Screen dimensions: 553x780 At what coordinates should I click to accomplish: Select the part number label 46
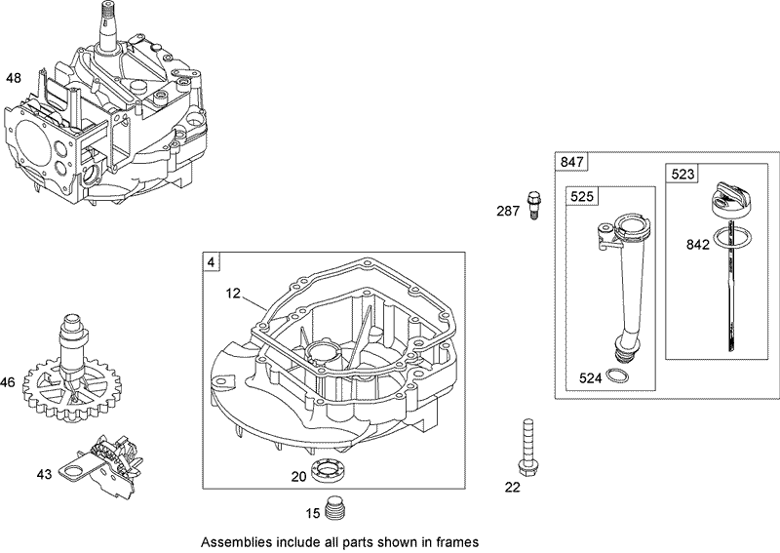8,383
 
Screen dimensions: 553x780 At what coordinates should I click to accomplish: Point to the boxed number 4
211,261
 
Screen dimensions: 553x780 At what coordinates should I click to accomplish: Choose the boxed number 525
583,196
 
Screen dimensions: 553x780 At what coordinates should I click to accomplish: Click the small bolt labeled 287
533,203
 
